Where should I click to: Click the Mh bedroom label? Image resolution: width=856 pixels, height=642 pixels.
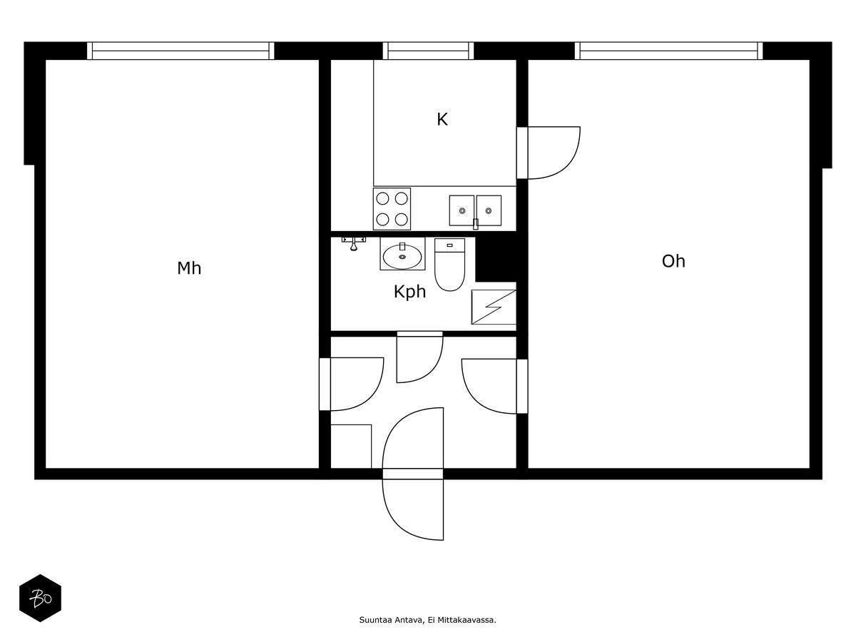(189, 268)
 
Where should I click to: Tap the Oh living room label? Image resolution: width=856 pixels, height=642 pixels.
(673, 261)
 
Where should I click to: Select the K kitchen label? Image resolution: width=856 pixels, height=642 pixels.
(442, 119)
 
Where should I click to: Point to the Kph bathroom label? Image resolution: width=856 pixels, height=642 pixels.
(409, 292)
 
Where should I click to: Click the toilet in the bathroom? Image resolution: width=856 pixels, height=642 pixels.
(449, 265)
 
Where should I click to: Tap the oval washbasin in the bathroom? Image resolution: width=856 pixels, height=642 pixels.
(402, 256)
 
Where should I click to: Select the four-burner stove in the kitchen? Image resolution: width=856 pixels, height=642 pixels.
(392, 209)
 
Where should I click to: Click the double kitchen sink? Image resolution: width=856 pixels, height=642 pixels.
(475, 211)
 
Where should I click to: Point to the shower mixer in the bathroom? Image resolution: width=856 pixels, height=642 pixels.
(353, 243)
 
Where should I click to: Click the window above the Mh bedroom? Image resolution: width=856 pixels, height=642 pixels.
(180, 51)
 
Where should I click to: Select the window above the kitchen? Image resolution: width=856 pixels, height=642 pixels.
(428, 51)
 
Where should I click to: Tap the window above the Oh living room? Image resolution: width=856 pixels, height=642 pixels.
(668, 51)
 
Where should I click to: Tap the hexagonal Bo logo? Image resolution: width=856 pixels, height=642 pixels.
(40, 598)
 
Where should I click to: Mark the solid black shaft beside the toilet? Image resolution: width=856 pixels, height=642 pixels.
(496, 259)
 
